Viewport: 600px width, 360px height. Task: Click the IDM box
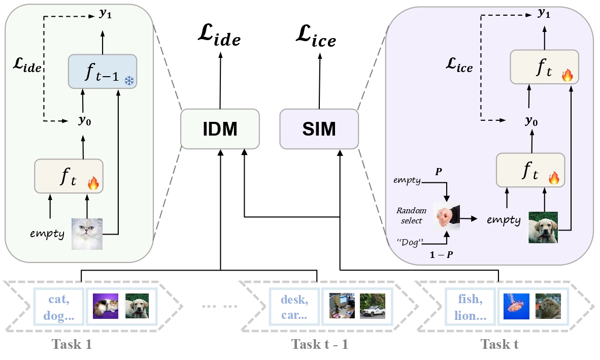point(220,129)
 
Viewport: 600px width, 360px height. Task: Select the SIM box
point(319,129)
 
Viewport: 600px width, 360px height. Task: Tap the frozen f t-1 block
point(103,72)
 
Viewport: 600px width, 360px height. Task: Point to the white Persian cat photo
point(87,234)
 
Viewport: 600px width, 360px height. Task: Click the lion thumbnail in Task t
point(548,307)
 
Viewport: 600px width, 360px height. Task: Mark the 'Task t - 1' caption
point(320,344)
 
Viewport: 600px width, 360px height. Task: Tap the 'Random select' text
point(410,215)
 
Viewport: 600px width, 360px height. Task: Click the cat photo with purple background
point(106,307)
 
